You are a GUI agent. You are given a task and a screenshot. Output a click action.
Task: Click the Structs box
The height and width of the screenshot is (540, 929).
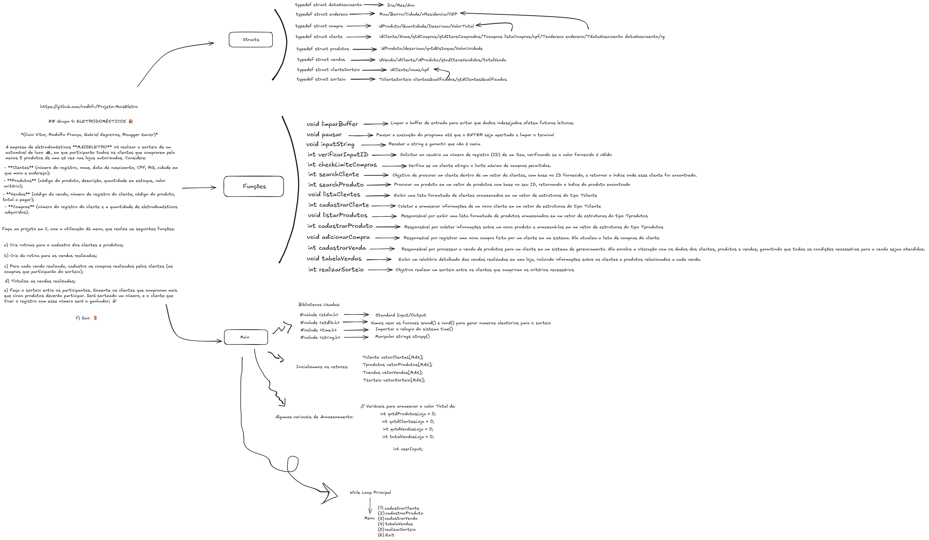[x=251, y=39]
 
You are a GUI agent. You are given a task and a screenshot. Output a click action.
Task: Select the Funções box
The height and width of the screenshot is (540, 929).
[x=254, y=186]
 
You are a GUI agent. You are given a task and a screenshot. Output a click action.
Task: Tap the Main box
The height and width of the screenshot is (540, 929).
[x=245, y=337]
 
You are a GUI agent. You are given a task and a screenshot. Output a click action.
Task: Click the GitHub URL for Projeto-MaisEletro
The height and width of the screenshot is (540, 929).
[x=89, y=107]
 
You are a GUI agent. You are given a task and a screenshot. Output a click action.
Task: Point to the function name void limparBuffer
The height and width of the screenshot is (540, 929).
[x=332, y=124]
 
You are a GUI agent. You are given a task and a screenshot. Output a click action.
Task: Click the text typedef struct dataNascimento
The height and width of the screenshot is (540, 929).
[x=328, y=5]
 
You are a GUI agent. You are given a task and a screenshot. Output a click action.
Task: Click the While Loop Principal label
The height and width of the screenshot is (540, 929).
[x=370, y=492]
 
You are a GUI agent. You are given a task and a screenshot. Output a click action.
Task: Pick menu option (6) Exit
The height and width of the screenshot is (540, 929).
[x=386, y=535]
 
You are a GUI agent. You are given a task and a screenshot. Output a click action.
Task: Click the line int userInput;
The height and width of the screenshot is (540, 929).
[x=408, y=449]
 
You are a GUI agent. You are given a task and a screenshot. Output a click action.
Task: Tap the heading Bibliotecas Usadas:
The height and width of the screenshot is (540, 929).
[x=319, y=305]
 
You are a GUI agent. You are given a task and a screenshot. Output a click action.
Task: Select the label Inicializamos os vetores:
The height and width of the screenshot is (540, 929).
[x=322, y=367]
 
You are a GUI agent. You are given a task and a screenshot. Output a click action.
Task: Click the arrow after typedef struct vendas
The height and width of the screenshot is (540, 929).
[x=363, y=60]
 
